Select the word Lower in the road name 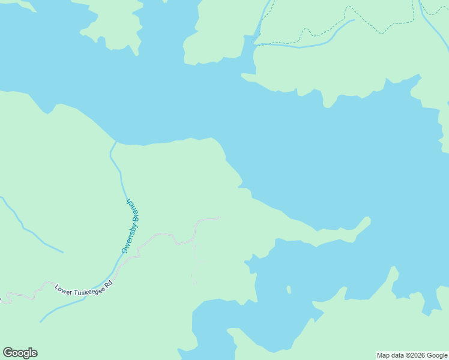[x=64, y=289]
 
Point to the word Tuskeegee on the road [x=88, y=287]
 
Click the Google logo [x=20, y=353]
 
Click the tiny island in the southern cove [x=289, y=290]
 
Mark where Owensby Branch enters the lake [x=115, y=143]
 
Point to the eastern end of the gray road [x=219, y=218]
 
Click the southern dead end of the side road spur [x=193, y=284]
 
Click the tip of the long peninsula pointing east [x=368, y=218]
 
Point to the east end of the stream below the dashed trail [x=353, y=20]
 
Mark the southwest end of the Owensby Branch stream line [x=41, y=321]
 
